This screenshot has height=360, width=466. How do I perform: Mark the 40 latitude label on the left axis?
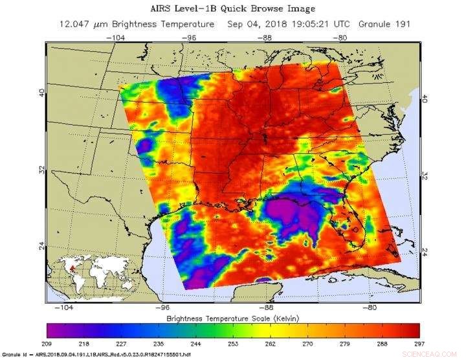(41, 93)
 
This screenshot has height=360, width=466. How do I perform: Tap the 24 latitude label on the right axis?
(425, 251)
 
